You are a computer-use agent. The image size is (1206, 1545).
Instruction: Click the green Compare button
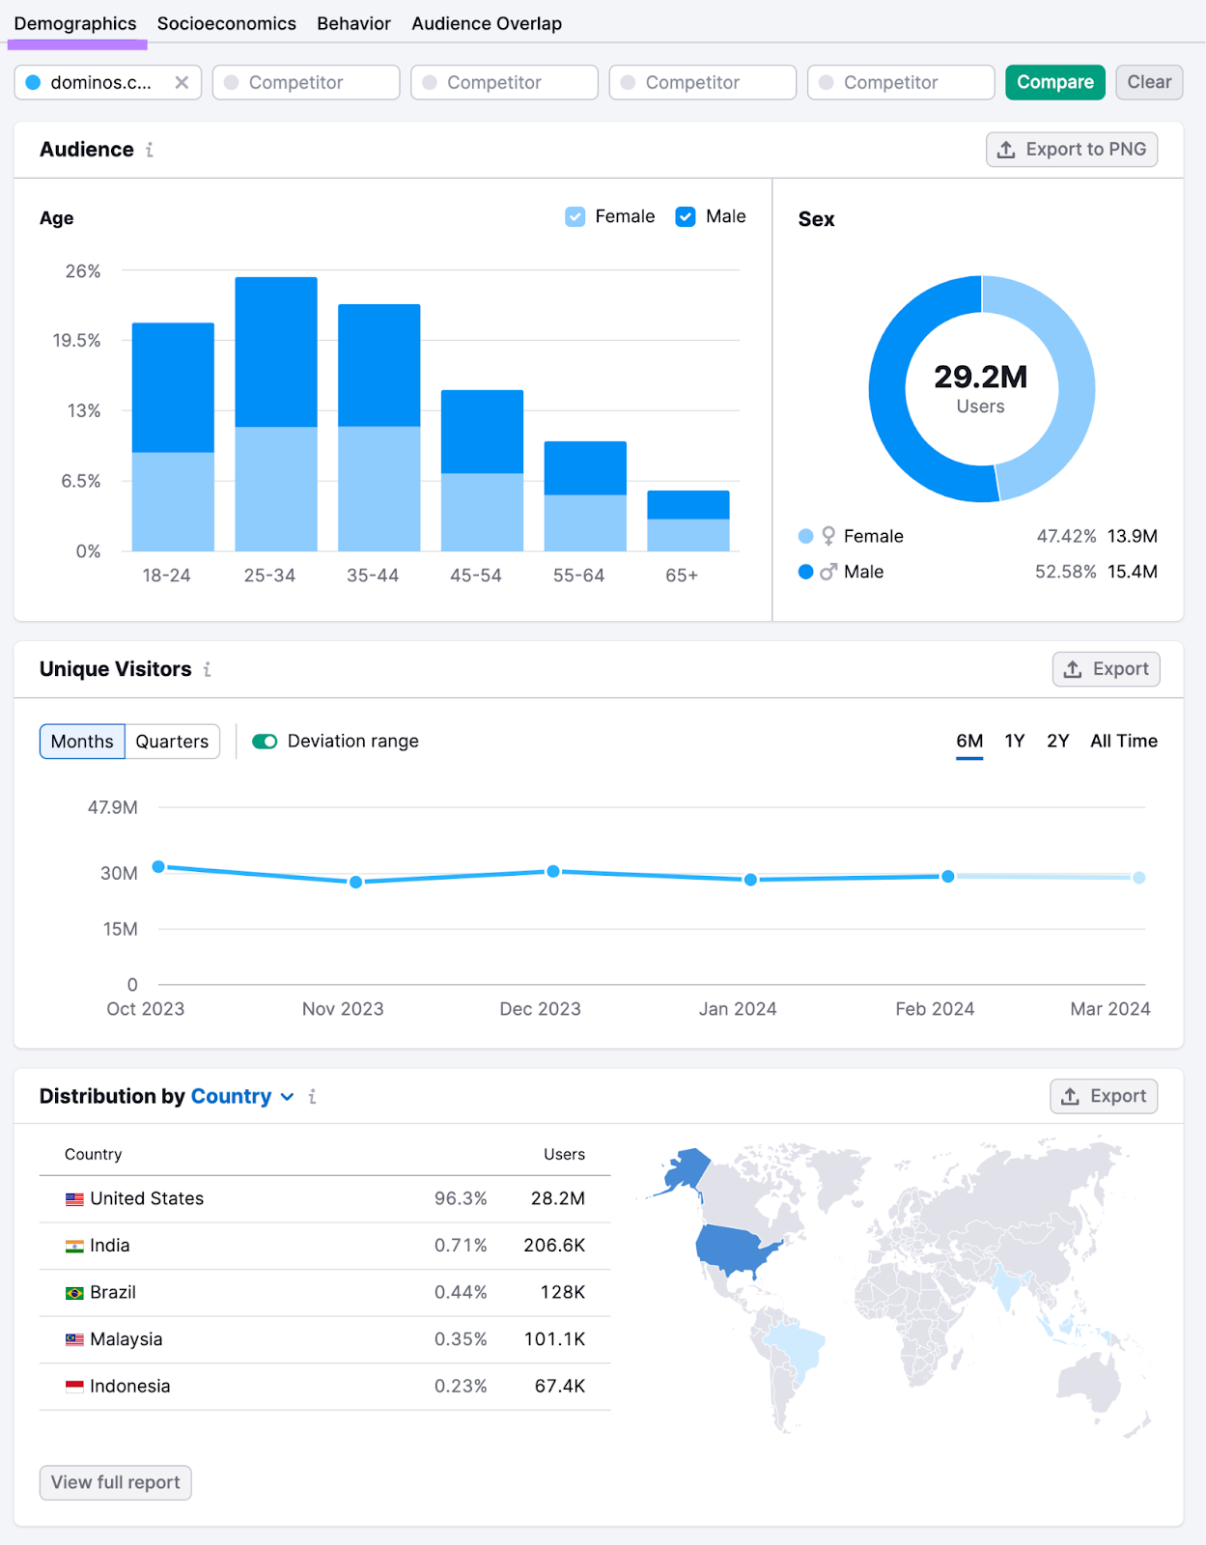1054,82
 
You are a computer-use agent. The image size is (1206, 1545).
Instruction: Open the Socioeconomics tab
226,23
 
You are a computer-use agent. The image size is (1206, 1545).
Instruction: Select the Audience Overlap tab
487,23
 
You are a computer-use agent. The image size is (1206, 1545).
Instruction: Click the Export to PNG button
1071,150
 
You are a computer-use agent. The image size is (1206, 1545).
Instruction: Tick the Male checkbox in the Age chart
686,216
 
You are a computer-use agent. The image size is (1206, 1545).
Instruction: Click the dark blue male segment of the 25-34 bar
276,351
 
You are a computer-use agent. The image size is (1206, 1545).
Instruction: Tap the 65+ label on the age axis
682,576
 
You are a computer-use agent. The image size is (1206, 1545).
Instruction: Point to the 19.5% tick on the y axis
77,340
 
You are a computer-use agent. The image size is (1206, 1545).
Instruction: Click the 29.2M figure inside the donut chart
980,377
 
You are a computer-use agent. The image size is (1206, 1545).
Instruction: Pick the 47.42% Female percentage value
1066,536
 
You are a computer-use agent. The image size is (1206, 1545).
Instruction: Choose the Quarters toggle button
172,742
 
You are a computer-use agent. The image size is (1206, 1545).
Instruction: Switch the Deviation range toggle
265,742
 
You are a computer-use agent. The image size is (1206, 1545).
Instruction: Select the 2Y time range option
1057,741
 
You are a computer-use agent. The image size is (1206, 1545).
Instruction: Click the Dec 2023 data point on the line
553,871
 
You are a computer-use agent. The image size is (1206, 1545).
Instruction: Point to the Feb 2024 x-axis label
935,1009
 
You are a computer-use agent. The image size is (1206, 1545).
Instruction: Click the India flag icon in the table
74,1246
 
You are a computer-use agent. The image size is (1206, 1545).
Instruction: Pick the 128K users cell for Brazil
563,1292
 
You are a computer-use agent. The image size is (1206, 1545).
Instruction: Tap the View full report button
116,1482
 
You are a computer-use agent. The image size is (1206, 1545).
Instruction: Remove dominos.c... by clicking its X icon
182,82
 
